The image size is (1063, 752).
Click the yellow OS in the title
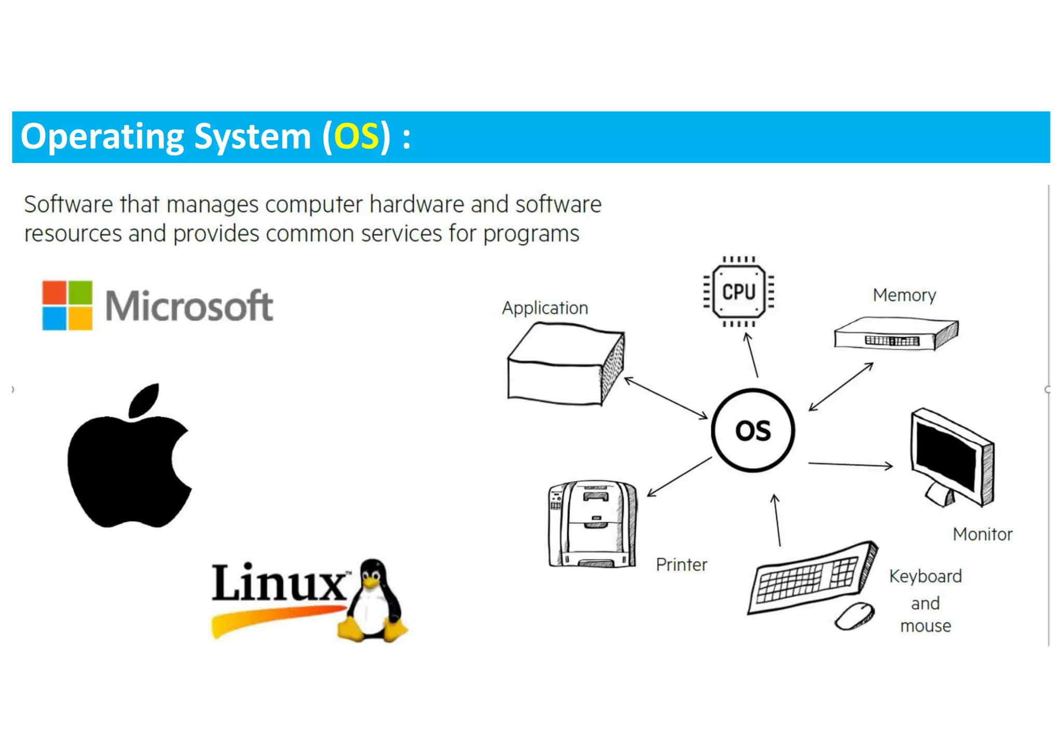point(356,137)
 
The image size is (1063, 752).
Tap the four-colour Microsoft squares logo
point(67,305)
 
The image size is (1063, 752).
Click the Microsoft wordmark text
point(189,306)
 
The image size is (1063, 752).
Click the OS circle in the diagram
point(753,431)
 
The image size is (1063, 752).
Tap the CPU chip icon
point(739,292)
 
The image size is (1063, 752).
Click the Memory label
point(904,295)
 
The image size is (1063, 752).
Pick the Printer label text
point(681,565)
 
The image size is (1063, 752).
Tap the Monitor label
point(982,534)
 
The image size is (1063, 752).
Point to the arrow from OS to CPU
point(752,355)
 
